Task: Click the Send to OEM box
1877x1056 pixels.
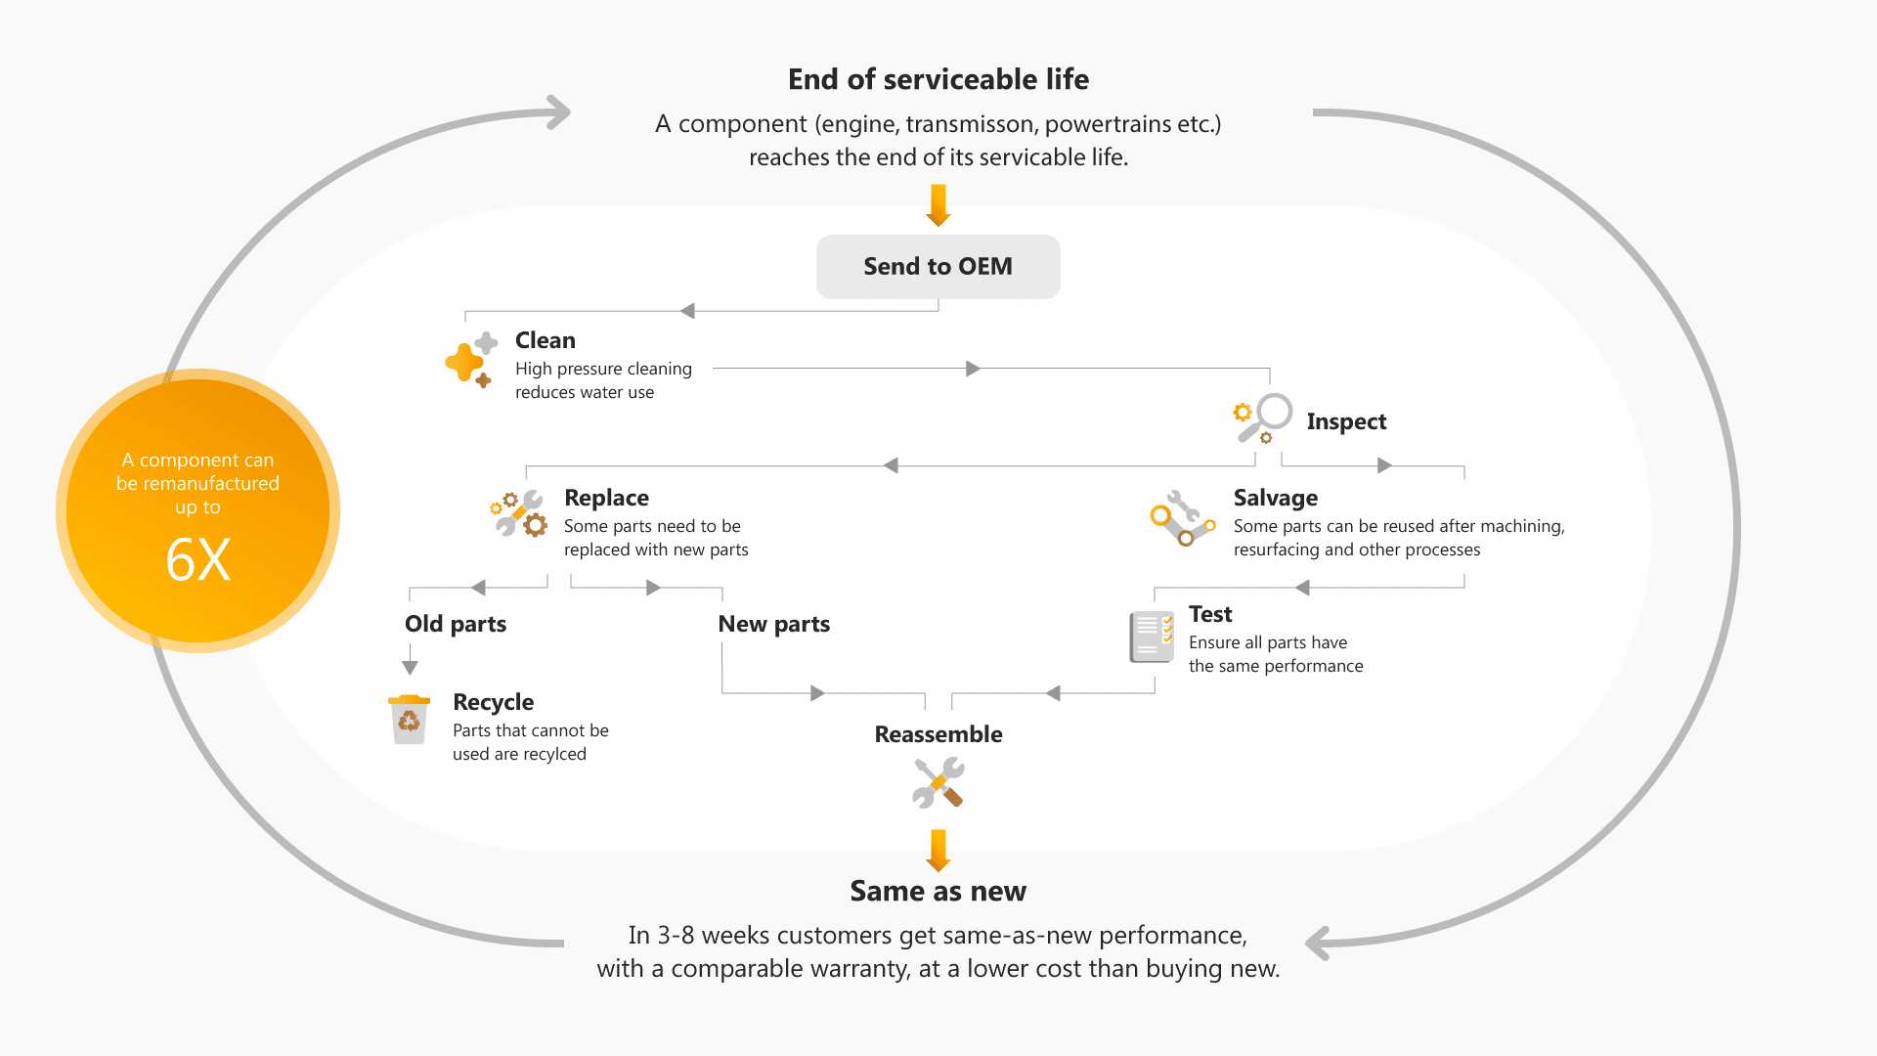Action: click(x=938, y=267)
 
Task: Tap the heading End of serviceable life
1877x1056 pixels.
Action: click(x=938, y=79)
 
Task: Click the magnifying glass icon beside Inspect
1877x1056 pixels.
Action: click(x=1263, y=418)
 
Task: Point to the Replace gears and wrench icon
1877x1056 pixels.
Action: click(x=519, y=514)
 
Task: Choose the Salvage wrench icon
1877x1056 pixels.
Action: click(x=1182, y=519)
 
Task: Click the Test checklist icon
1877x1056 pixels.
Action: click(x=1152, y=637)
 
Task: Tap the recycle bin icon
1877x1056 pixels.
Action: click(x=409, y=720)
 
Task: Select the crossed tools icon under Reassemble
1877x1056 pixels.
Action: click(x=938, y=783)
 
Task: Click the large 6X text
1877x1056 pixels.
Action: click(x=198, y=560)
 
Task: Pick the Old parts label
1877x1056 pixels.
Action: click(x=456, y=624)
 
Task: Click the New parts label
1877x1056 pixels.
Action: click(x=773, y=624)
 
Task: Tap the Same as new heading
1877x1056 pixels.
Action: click(x=938, y=891)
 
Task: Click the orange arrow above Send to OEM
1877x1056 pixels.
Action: click(x=938, y=205)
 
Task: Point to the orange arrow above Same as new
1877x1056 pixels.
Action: click(x=938, y=850)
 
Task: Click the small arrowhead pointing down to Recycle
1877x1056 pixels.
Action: click(x=410, y=667)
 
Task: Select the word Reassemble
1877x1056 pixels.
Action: click(x=938, y=734)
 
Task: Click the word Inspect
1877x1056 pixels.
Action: click(x=1346, y=421)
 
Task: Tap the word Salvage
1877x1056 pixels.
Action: click(x=1275, y=498)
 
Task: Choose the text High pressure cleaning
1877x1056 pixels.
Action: click(x=603, y=369)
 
